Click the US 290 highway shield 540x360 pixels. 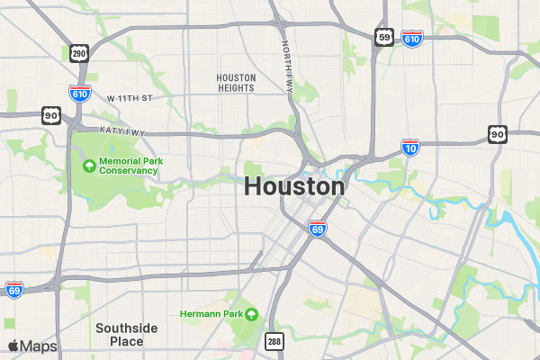click(79, 54)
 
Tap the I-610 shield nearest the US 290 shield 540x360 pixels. click(80, 93)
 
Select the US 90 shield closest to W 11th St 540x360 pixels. click(50, 115)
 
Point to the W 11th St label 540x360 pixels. click(130, 97)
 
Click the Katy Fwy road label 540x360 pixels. click(122, 131)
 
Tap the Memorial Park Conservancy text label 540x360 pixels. click(130, 166)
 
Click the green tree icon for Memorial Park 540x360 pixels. click(89, 166)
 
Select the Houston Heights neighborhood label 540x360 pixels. click(236, 83)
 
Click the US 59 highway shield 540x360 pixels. click(384, 36)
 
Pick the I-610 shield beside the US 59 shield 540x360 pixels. click(412, 39)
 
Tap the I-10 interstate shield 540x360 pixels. click(409, 148)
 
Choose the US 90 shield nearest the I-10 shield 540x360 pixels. click(498, 134)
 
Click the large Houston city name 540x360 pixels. click(294, 187)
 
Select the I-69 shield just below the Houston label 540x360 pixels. click(317, 229)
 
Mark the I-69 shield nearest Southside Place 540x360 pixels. click(13, 289)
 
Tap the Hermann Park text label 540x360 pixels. click(211, 313)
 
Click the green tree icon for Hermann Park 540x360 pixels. click(251, 313)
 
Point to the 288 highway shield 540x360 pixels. click(274, 341)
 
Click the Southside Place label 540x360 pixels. click(127, 335)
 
